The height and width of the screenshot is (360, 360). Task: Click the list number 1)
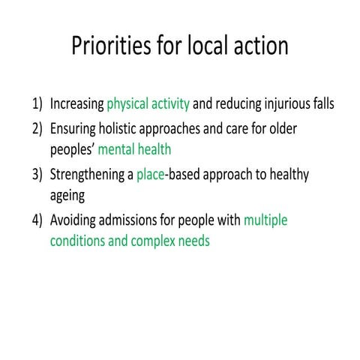point(37,103)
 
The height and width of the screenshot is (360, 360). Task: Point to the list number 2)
point(37,129)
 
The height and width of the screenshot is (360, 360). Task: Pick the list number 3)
point(37,175)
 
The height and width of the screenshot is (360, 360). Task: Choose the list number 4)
point(37,220)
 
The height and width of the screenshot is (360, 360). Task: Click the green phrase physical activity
point(148,103)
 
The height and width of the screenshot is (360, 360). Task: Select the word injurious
point(286,103)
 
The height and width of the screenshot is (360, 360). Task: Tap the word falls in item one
point(322,103)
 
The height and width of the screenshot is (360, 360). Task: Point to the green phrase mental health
point(140,150)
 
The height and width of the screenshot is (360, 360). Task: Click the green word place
point(150,175)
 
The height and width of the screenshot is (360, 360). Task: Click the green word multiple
point(265,220)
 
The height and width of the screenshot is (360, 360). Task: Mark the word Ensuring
point(73,129)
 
